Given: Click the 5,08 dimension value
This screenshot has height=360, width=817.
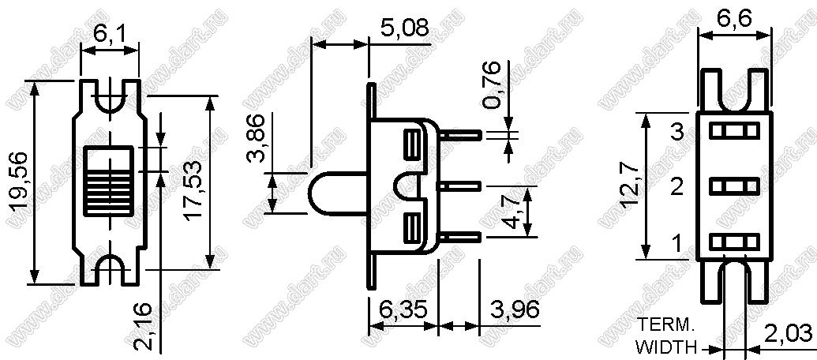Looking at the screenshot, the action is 403,28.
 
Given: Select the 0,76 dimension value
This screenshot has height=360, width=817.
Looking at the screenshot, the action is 493,84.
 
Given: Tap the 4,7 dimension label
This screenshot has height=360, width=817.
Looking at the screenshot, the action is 513,212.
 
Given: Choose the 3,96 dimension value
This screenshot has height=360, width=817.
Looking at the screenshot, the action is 515,311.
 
